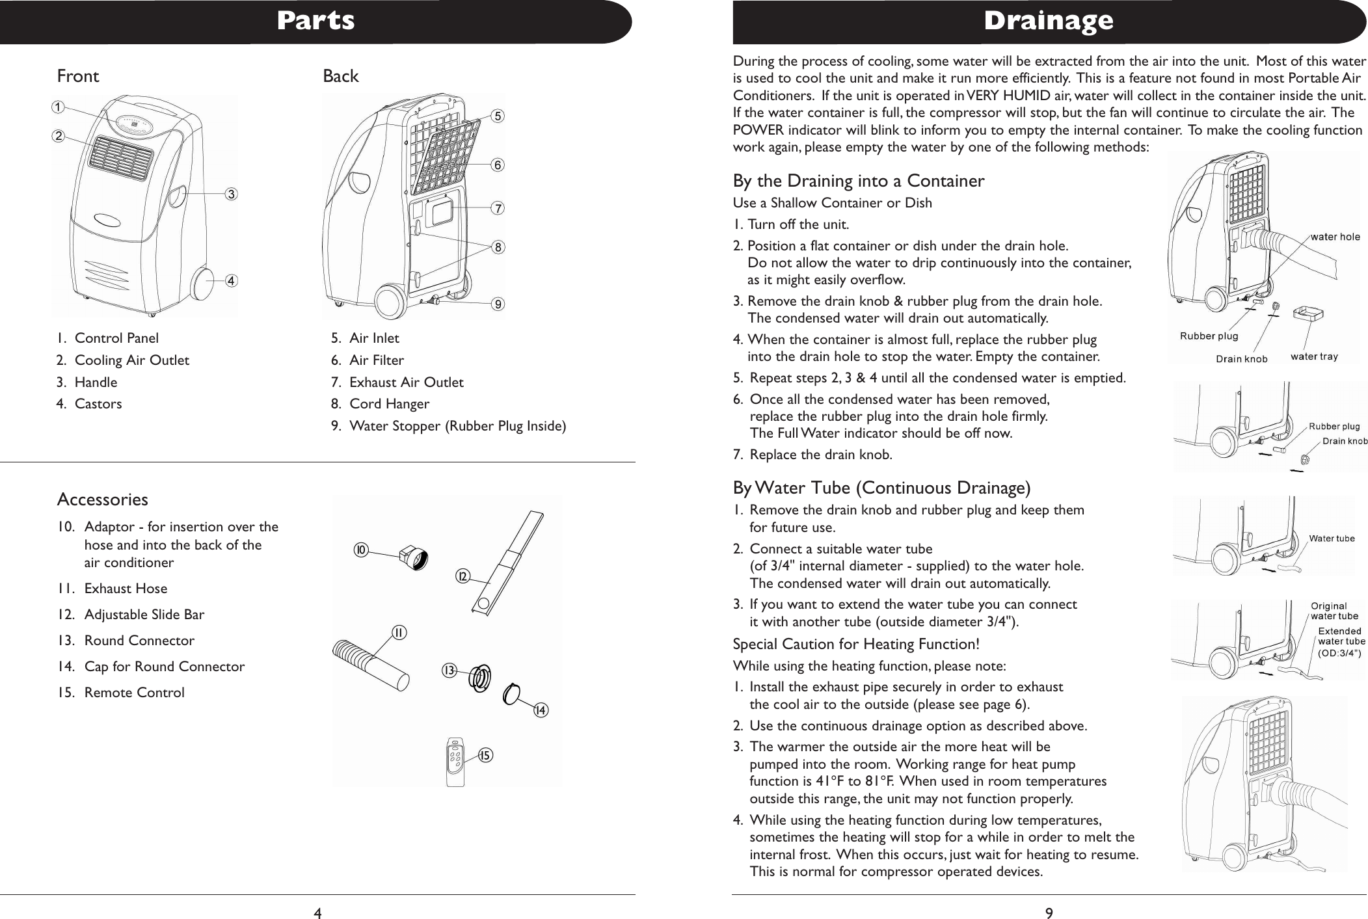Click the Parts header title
tap(315, 21)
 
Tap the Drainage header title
tap(1048, 21)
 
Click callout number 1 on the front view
tap(59, 105)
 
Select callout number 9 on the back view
tap(498, 304)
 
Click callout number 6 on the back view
tap(498, 165)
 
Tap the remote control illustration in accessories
tap(455, 762)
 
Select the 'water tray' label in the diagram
tap(1314, 356)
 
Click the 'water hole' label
tap(1335, 237)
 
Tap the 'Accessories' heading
tap(103, 499)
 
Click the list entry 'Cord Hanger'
tap(389, 404)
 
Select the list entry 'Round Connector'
tap(139, 641)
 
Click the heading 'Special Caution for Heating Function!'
tap(856, 644)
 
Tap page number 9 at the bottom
tap(1049, 913)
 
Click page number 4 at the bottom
tap(317, 913)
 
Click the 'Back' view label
tap(341, 76)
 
